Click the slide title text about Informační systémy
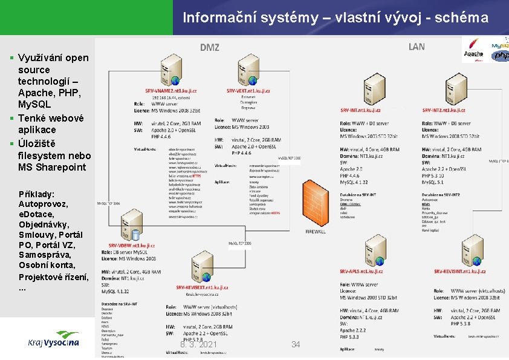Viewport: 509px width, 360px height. point(336,18)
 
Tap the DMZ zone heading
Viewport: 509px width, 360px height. point(210,47)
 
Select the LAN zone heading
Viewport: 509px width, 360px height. point(417,47)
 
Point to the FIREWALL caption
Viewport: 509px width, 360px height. point(316,231)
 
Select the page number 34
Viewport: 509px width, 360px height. point(296,344)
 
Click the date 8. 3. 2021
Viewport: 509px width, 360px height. point(199,344)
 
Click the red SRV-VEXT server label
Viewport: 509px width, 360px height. point(248,91)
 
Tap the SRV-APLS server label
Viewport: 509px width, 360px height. point(361,271)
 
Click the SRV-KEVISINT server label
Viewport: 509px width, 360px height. point(456,271)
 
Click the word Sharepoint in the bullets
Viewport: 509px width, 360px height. point(60,167)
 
